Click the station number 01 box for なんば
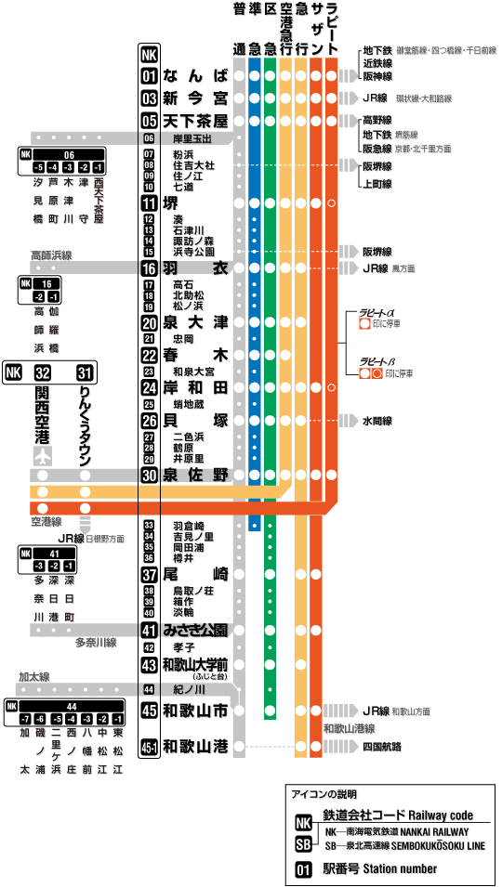[149, 75]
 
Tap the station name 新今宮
[195, 98]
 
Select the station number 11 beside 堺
[149, 203]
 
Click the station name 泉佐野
[195, 474]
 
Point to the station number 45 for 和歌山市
[149, 711]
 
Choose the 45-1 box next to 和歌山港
[149, 746]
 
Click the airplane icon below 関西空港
[42, 456]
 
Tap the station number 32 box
[42, 372]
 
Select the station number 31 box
[86, 372]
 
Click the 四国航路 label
[382, 746]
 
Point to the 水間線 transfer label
[376, 420]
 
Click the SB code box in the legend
[303, 844]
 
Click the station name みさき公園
[195, 630]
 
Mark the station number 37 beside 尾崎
[149, 574]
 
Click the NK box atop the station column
[149, 55]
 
